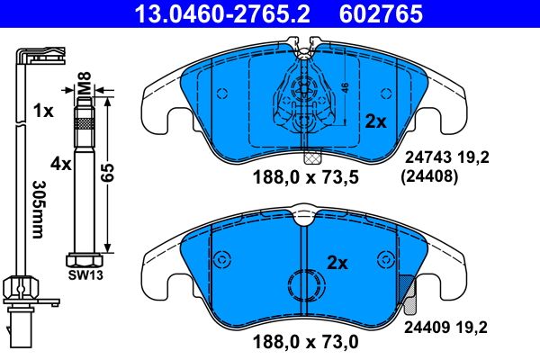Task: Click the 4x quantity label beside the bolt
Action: pos(60,165)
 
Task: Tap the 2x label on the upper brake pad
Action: pos(373,121)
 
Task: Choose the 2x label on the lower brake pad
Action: pos(337,263)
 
